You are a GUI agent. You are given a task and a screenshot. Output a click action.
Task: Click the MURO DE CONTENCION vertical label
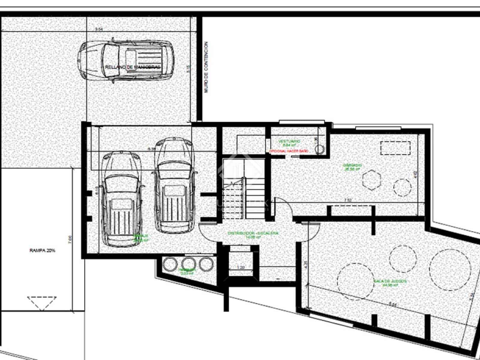click(x=206, y=67)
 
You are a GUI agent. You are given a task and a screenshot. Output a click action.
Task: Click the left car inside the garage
click(x=121, y=198)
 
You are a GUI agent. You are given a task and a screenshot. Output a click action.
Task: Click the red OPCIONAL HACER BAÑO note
click(x=289, y=151)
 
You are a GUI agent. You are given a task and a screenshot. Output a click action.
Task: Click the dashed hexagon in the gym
click(x=371, y=180)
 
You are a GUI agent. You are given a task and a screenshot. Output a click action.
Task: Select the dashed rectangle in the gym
click(x=395, y=148)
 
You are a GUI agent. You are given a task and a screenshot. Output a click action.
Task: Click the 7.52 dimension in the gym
click(x=348, y=200)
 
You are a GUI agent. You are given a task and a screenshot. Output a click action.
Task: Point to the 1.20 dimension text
click(x=240, y=267)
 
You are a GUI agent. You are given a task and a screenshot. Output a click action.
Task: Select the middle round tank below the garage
click(x=188, y=264)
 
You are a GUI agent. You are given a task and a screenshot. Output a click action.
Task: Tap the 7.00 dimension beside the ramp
click(x=70, y=239)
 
